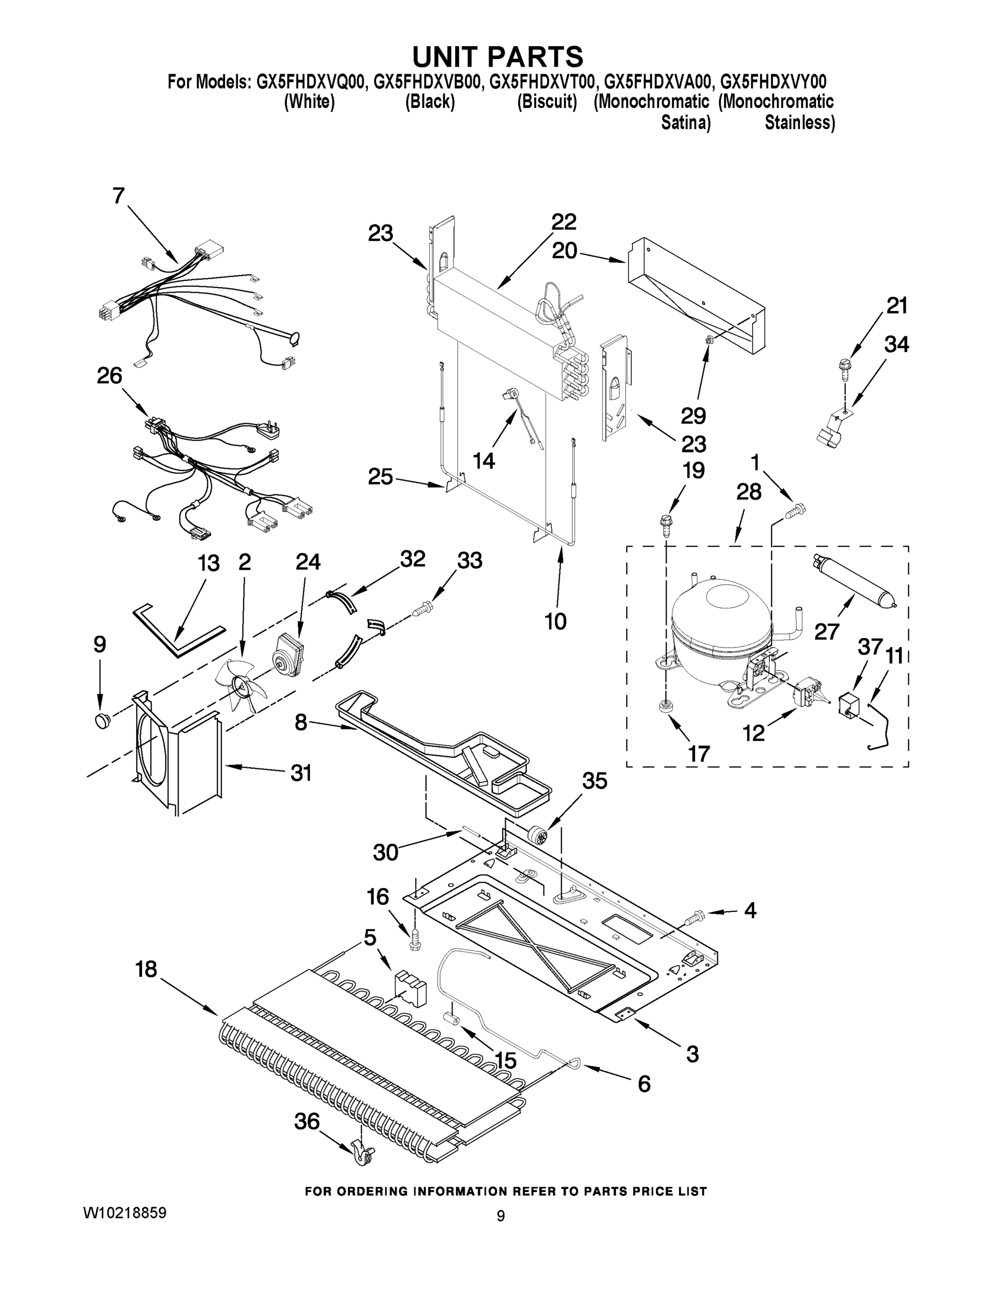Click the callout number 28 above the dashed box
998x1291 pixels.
749,492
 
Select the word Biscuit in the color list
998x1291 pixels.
547,102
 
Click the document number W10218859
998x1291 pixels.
125,1213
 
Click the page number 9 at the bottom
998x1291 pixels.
500,1216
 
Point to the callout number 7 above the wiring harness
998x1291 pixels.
119,196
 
